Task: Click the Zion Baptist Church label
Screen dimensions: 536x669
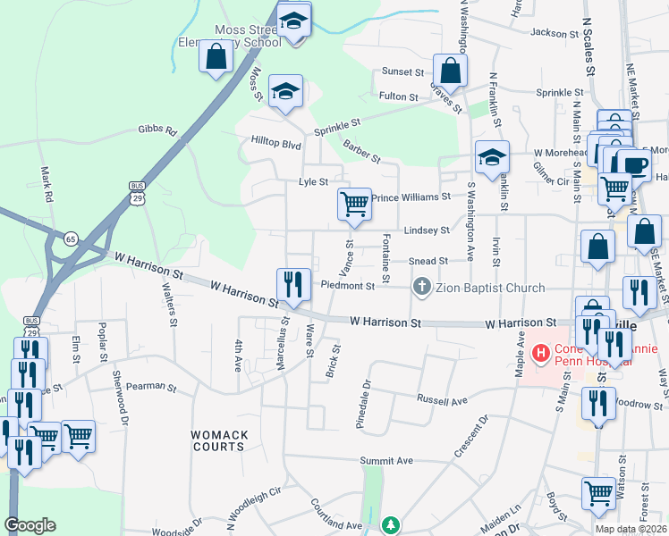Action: (488, 287)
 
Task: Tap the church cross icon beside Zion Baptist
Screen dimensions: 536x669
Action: (421, 287)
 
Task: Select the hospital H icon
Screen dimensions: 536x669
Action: (540, 353)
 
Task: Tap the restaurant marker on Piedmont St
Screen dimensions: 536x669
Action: (294, 284)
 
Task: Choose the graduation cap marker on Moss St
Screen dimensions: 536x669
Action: (285, 91)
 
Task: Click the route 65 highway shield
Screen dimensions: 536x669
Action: (71, 239)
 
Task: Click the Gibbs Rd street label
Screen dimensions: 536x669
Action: (157, 130)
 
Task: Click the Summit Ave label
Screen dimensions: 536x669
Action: (386, 461)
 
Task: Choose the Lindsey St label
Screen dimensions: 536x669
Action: (427, 230)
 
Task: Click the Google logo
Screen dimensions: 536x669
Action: (30, 525)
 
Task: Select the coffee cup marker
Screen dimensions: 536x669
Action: (634, 165)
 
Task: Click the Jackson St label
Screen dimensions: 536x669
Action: (555, 33)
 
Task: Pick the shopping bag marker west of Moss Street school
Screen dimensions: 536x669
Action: (216, 56)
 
